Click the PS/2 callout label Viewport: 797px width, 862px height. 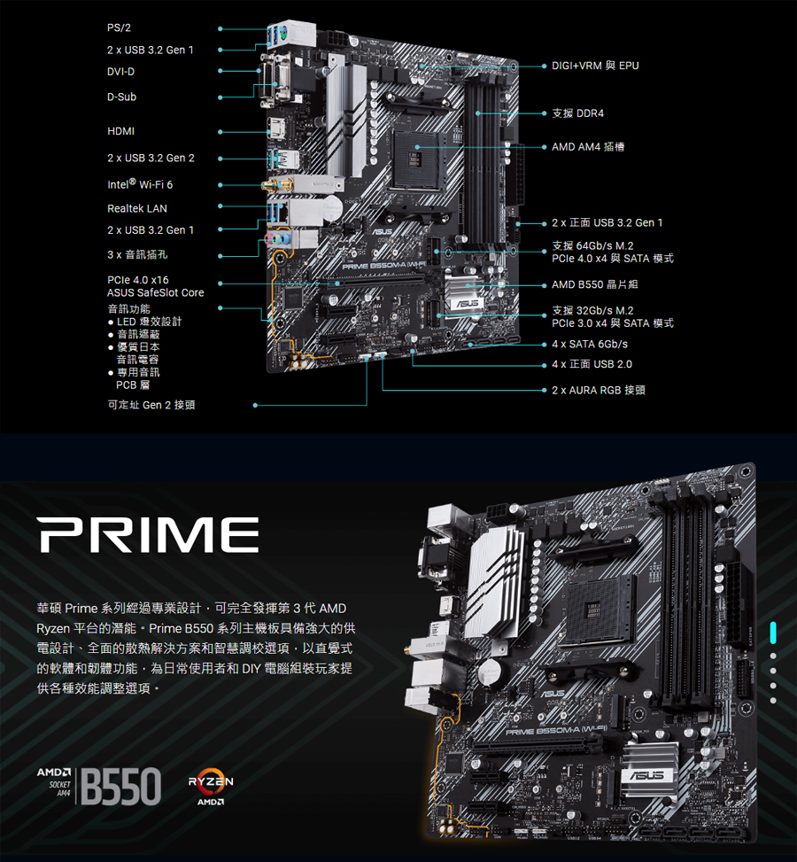coord(118,29)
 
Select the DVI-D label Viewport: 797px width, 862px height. coord(121,71)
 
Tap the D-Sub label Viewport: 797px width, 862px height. coord(121,97)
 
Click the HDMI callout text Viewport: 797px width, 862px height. coord(121,131)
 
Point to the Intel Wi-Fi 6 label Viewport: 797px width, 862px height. coord(140,185)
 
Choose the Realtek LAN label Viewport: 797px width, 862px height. coord(137,208)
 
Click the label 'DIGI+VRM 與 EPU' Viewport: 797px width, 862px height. coord(594,66)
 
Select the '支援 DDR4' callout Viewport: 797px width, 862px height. coord(577,113)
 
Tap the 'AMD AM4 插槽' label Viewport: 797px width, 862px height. coord(587,146)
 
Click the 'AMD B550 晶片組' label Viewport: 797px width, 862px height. coord(594,285)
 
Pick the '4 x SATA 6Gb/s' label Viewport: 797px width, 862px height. coord(589,344)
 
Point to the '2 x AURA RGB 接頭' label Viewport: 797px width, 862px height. coord(598,390)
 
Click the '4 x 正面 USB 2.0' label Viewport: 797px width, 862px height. coord(592,364)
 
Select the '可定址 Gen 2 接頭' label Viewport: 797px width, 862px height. coord(151,405)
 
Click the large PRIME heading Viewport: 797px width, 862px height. coord(148,536)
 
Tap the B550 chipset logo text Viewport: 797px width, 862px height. coord(121,785)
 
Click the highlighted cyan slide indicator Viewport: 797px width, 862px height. coord(773,633)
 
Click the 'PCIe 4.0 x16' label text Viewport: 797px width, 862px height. coord(137,280)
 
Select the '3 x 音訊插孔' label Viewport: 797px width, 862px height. coord(137,255)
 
